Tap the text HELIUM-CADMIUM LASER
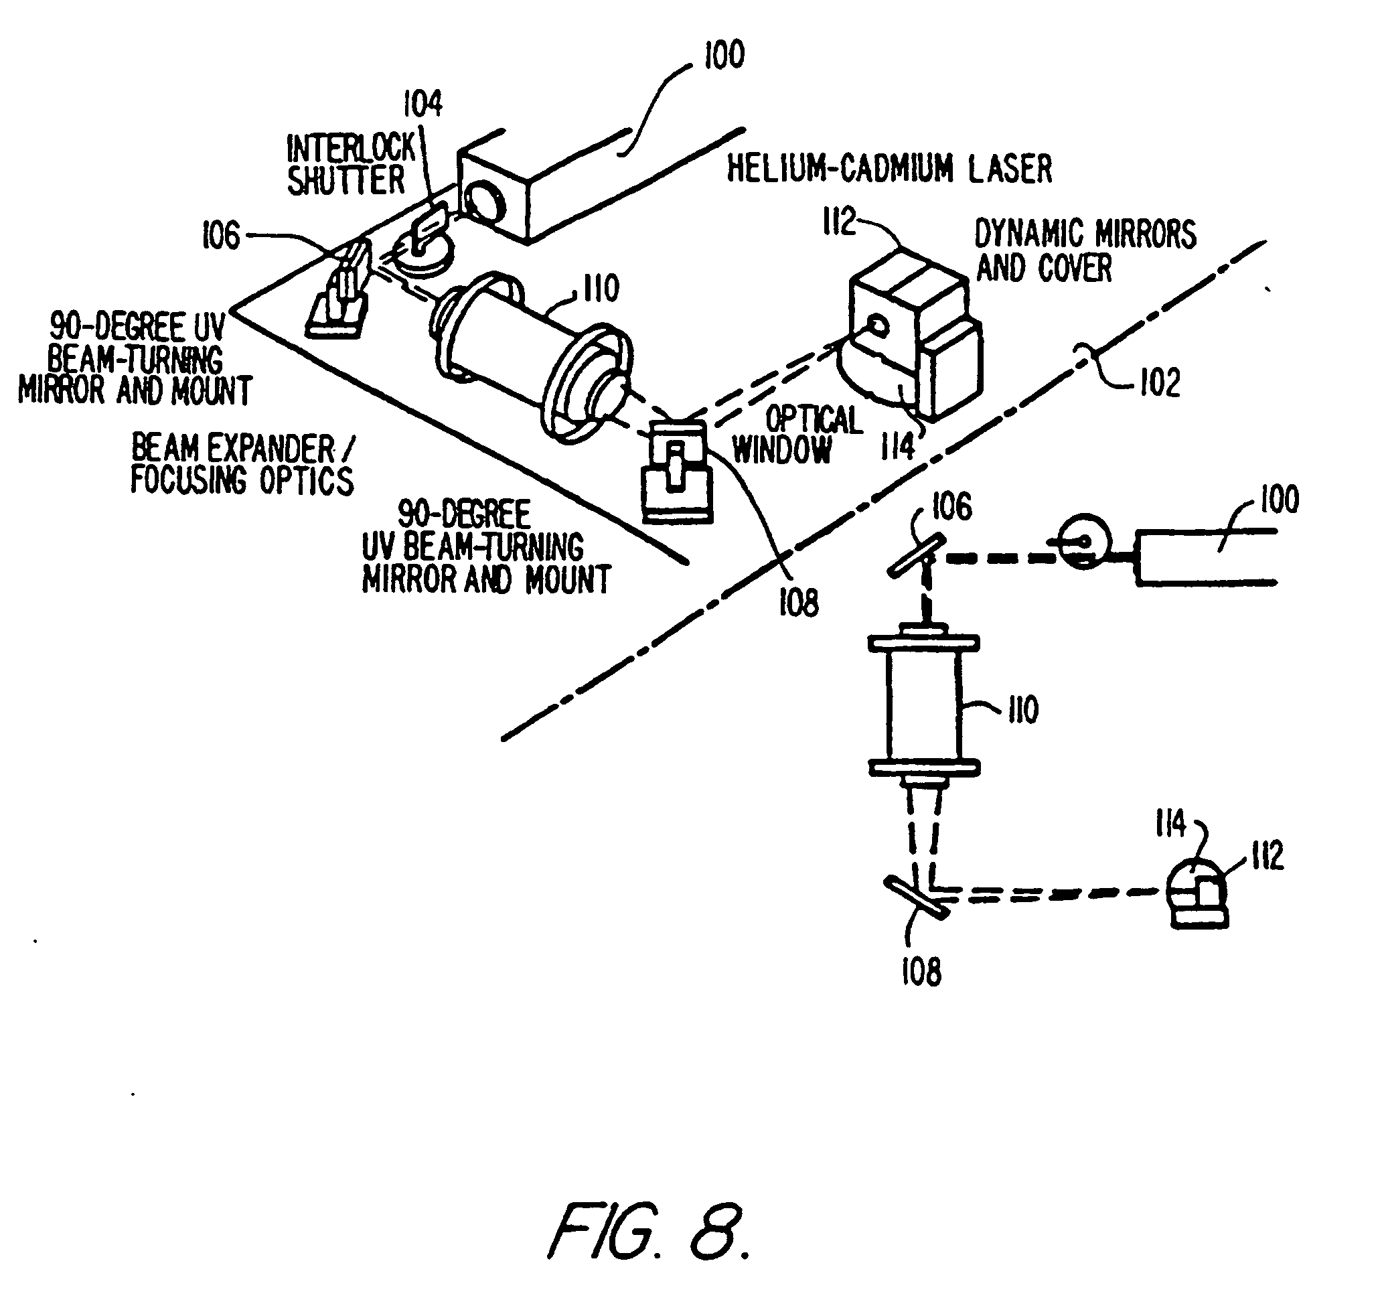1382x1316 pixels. pyautogui.click(x=889, y=169)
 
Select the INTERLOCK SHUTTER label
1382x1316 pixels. pyautogui.click(x=348, y=165)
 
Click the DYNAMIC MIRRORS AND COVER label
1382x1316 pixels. pyautogui.click(x=1084, y=251)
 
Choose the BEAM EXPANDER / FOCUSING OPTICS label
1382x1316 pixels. pyautogui.click(x=242, y=465)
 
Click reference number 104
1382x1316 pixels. pyautogui.click(x=422, y=104)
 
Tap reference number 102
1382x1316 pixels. pyautogui.click(x=1160, y=383)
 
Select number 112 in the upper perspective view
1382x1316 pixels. pyautogui.click(x=838, y=222)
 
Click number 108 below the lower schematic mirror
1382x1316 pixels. pyautogui.click(x=921, y=972)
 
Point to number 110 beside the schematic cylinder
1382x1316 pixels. pyautogui.click(x=1023, y=710)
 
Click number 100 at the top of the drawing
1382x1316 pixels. pyautogui.click(x=724, y=55)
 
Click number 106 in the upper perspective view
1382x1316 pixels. pyautogui.click(x=220, y=236)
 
